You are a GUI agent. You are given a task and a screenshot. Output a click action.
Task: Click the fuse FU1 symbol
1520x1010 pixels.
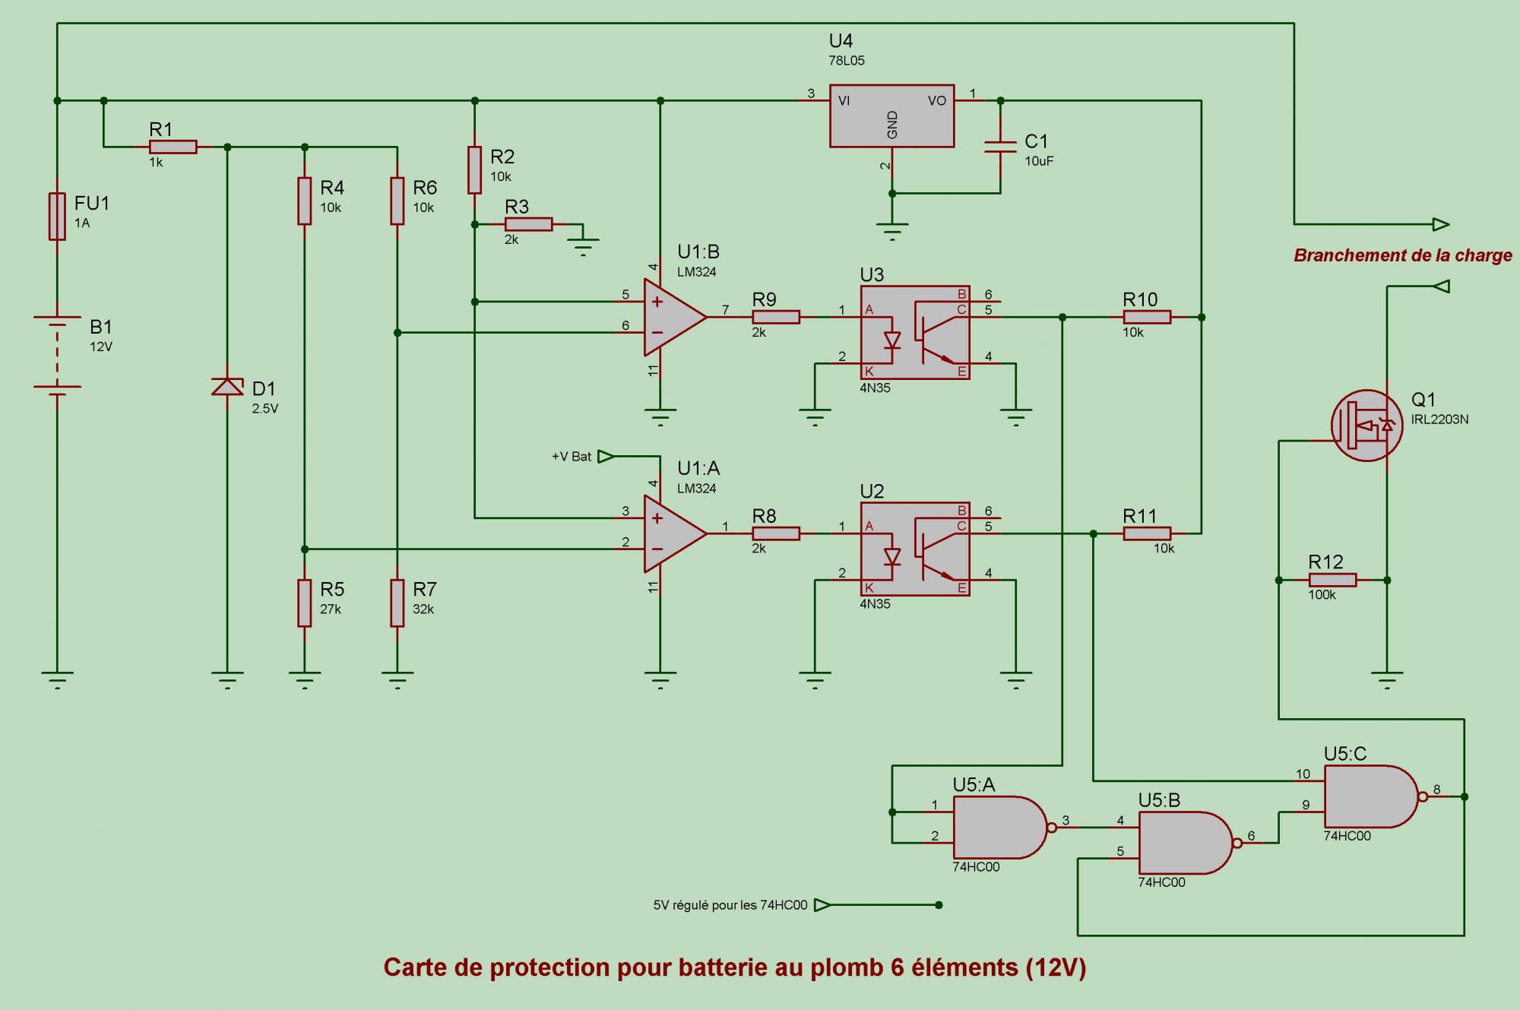[x=57, y=217]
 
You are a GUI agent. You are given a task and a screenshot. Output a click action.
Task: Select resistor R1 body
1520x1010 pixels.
[x=173, y=147]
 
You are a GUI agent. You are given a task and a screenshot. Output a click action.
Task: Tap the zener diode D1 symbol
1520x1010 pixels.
[x=227, y=387]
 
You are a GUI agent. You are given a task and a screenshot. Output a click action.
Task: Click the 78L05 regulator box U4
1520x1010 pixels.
[x=892, y=116]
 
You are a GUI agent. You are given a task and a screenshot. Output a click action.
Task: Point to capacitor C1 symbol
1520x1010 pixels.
[x=1000, y=147]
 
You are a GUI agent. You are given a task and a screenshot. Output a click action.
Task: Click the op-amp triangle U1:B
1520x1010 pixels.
[x=676, y=317]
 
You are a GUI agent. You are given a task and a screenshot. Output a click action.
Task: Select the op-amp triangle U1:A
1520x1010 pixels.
[x=676, y=533]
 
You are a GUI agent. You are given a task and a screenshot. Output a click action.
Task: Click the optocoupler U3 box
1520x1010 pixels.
[x=915, y=332]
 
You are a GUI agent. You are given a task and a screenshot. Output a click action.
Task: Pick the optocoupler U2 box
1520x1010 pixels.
[x=915, y=549]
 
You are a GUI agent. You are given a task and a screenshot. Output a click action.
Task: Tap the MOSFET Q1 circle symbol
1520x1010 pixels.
[x=1366, y=426]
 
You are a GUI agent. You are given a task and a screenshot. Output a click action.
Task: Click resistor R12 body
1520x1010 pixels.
[x=1332, y=580]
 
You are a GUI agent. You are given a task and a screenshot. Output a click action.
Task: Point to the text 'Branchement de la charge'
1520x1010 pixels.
[x=1403, y=255]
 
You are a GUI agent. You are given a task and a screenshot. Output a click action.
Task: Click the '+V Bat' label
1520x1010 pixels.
[x=572, y=457]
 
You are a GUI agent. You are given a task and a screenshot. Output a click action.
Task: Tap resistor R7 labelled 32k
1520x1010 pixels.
[x=397, y=603]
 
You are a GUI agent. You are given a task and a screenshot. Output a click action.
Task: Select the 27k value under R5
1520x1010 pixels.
[x=331, y=609]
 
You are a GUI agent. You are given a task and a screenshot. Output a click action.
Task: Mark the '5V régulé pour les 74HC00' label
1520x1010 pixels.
[x=730, y=905]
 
